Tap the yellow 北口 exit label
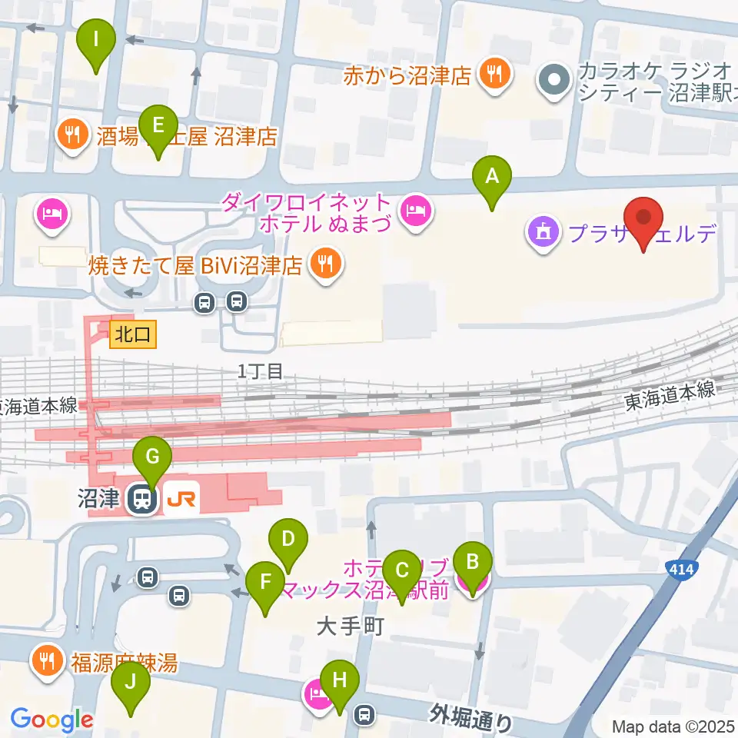point(134,334)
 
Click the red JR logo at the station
point(183,500)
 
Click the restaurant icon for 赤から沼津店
point(492,75)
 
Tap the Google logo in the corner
point(52,720)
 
